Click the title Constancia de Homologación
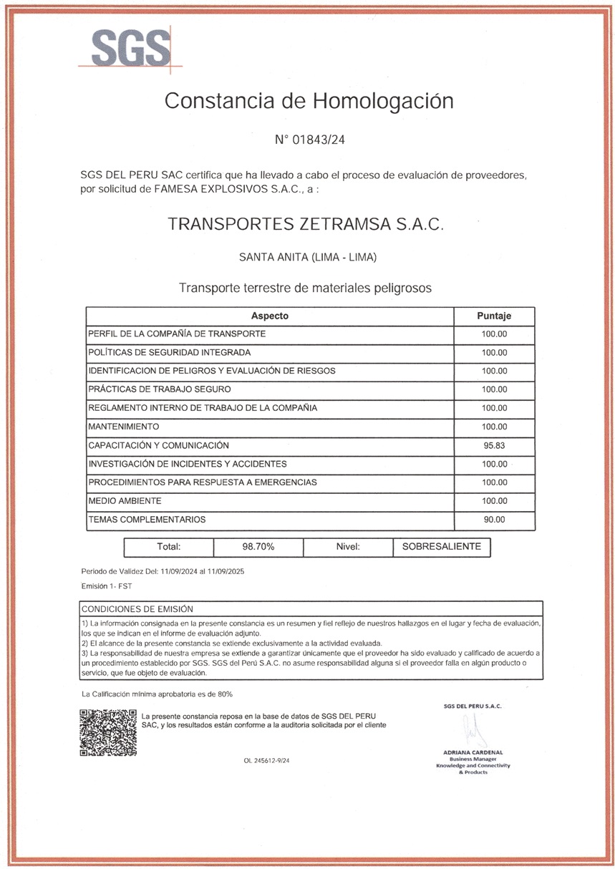(x=309, y=101)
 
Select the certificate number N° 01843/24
(x=309, y=140)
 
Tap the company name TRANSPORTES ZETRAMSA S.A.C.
(x=306, y=224)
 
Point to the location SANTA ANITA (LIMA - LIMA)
(x=308, y=257)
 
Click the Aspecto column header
(x=270, y=316)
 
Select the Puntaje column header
(x=494, y=316)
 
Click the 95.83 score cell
(x=494, y=445)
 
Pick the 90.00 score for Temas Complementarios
(x=494, y=520)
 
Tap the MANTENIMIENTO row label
(x=123, y=427)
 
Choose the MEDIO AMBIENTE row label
(x=125, y=501)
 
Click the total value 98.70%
(x=258, y=547)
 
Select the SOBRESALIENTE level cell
(x=441, y=547)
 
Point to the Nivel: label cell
(x=347, y=547)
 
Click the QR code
(x=107, y=732)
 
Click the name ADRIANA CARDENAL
(x=473, y=752)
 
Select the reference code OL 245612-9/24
(x=266, y=761)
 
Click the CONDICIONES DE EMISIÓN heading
(x=137, y=609)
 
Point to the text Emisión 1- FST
(x=107, y=586)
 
